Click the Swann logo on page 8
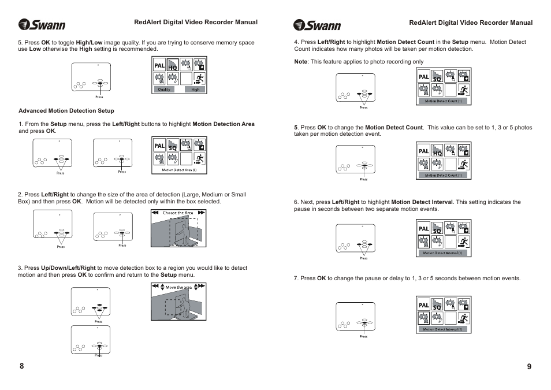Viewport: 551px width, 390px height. pos(42,25)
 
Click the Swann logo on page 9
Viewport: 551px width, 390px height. pos(317,25)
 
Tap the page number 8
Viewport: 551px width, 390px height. pos(21,366)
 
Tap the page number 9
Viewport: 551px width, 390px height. pos(529,366)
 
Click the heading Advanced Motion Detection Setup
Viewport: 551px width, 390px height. pos(66,111)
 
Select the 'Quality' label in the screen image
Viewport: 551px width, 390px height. pos(164,90)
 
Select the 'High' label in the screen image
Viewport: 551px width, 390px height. pos(195,90)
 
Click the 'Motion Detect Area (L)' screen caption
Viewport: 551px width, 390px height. pos(179,170)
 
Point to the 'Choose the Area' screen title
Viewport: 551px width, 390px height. pos(178,213)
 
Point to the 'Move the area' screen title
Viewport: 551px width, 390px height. pos(178,287)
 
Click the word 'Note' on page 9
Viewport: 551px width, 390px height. pos(300,62)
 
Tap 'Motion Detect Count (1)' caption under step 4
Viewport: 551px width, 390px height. pos(444,101)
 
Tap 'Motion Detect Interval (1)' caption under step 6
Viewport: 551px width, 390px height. pos(444,253)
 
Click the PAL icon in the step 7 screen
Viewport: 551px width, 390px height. pos(423,304)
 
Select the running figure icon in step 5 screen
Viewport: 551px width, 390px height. pos(463,164)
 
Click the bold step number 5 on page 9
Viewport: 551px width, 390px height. pos(295,128)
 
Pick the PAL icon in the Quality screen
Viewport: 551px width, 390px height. pos(159,66)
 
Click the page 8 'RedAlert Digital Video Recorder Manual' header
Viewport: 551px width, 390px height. pos(196,23)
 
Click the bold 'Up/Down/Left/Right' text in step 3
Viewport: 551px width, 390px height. pos(68,268)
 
